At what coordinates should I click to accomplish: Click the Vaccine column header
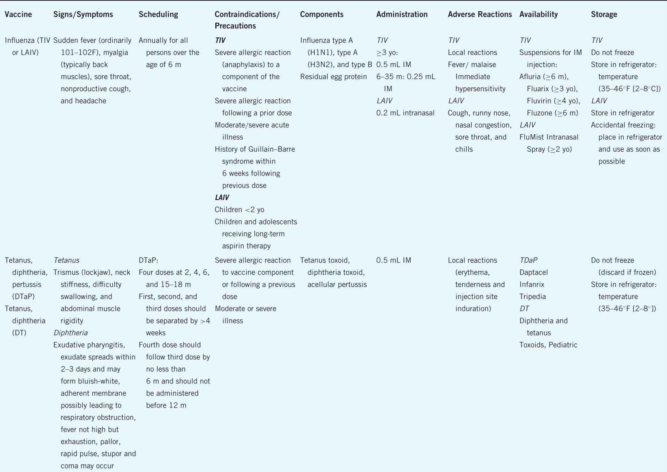tap(18, 15)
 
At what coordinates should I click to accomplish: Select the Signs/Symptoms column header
tap(83, 15)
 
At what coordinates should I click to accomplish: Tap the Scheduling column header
tap(158, 15)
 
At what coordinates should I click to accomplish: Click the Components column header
tap(322, 15)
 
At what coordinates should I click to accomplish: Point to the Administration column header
tap(402, 15)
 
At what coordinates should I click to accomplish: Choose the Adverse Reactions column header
tap(480, 15)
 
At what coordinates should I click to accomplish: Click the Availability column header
tap(538, 15)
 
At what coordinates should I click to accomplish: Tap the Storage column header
tap(604, 15)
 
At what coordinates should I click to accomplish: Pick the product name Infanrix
tap(532, 285)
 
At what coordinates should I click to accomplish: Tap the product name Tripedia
tap(532, 297)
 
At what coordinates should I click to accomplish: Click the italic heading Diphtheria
tap(71, 333)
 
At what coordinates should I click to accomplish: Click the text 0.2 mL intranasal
tap(405, 113)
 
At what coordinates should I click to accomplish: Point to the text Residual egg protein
tap(333, 77)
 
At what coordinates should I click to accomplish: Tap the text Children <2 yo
tap(239, 210)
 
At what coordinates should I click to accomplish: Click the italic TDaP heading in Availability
tap(528, 260)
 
